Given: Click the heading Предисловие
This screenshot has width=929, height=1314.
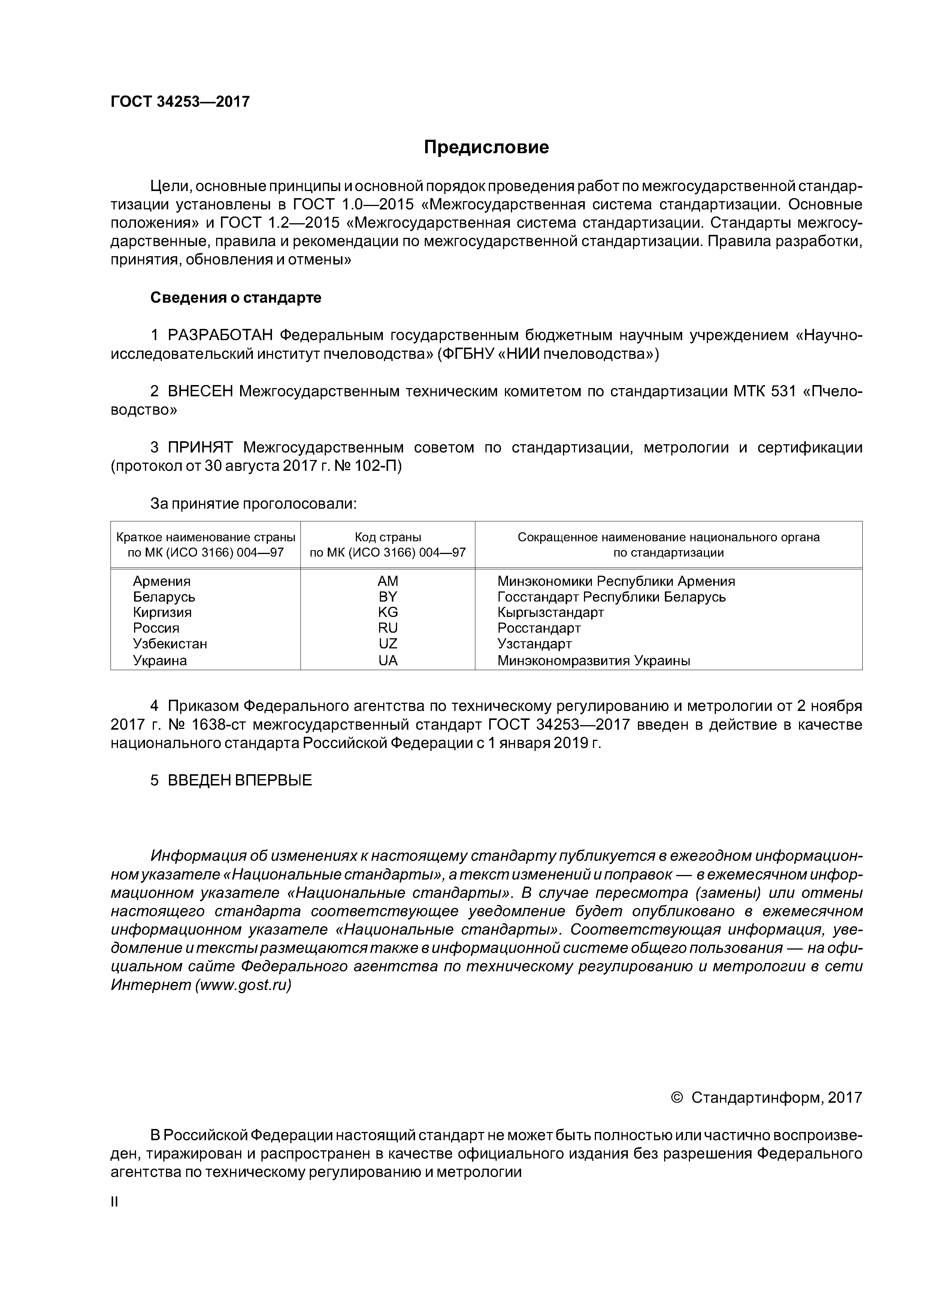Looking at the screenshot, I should click(x=486, y=147).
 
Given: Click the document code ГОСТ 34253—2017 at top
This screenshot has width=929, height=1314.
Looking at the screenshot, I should click(x=180, y=102).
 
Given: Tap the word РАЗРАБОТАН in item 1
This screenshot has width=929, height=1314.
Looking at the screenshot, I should click(x=223, y=335).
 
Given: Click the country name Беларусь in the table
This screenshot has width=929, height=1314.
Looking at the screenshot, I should click(x=164, y=597).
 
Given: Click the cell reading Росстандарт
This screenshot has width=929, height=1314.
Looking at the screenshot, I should click(x=539, y=629).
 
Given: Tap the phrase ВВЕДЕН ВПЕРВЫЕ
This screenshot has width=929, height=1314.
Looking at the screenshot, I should click(x=239, y=781).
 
